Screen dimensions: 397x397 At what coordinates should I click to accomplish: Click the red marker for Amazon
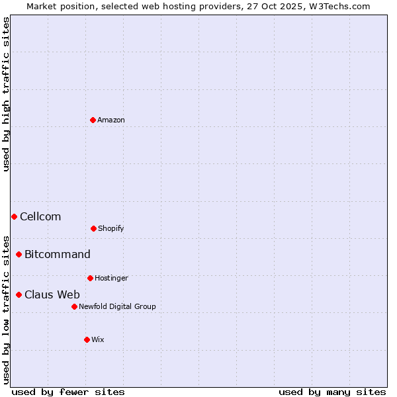click(93, 120)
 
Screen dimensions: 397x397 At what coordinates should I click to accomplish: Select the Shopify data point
click(93, 228)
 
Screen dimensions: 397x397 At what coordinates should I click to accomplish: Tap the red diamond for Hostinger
click(90, 278)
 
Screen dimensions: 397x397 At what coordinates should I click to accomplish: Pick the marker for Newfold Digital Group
click(74, 306)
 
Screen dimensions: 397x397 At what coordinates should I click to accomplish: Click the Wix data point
click(87, 339)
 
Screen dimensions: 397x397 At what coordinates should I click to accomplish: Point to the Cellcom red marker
click(14, 216)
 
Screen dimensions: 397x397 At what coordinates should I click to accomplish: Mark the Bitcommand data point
click(19, 254)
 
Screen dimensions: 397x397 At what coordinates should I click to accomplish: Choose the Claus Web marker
click(19, 294)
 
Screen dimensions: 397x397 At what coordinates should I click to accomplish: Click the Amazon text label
click(111, 120)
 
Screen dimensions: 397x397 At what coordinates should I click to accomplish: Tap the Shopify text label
click(111, 228)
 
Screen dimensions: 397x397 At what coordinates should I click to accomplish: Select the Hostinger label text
click(111, 278)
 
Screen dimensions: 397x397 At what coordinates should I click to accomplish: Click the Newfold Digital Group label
click(117, 306)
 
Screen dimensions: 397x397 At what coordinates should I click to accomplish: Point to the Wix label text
click(98, 339)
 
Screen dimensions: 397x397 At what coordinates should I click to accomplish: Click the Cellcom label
click(40, 216)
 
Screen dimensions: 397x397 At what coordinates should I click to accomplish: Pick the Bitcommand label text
click(58, 254)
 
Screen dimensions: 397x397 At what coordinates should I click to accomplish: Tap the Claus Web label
click(52, 294)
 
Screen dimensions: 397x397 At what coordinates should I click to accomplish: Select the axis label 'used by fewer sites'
click(68, 392)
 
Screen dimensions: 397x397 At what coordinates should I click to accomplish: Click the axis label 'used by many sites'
click(332, 392)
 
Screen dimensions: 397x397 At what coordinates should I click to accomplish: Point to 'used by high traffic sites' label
click(6, 94)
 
